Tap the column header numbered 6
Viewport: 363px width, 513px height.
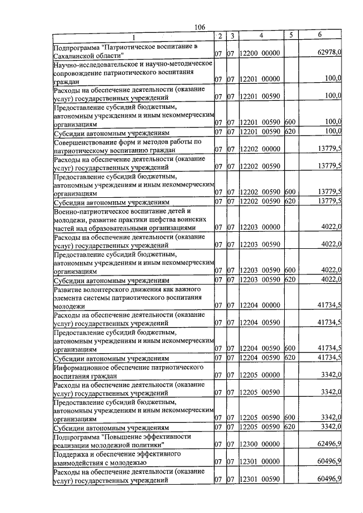click(320, 36)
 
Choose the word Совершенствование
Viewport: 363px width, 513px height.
click(87, 142)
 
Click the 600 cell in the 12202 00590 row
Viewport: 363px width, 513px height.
click(290, 193)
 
